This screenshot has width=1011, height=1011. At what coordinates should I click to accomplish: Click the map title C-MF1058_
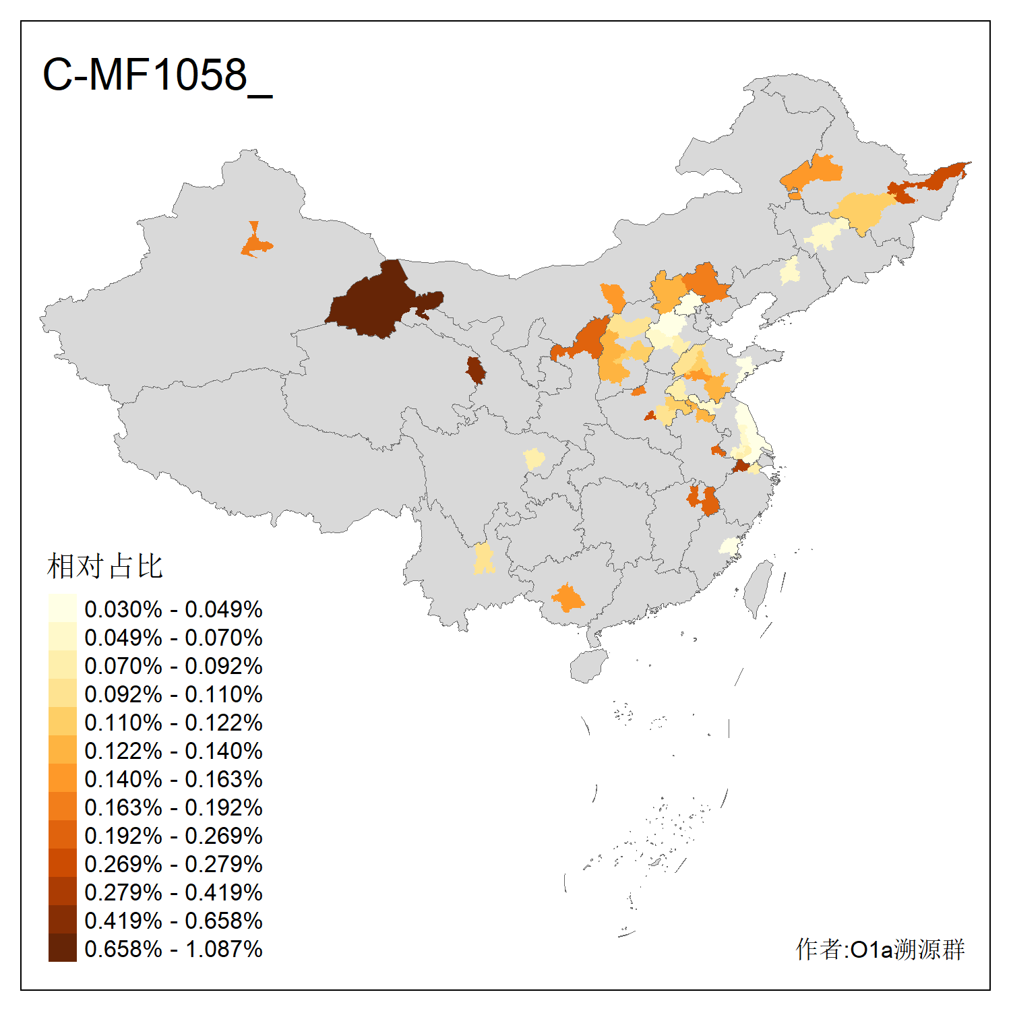pyautogui.click(x=156, y=75)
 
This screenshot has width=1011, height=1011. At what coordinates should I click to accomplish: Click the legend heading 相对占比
pyautogui.click(x=105, y=566)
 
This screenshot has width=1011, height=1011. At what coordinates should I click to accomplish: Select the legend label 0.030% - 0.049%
pyautogui.click(x=173, y=609)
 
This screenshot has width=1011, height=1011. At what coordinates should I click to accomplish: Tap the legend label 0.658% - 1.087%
pyautogui.click(x=173, y=949)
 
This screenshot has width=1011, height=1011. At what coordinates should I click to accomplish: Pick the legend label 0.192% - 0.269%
pyautogui.click(x=173, y=836)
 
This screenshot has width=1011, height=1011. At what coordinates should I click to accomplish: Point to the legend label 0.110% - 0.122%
pyautogui.click(x=173, y=723)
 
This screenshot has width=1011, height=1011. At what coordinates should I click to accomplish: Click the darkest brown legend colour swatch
pyautogui.click(x=62, y=948)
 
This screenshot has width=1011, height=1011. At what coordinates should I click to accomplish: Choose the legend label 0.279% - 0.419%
pyautogui.click(x=173, y=892)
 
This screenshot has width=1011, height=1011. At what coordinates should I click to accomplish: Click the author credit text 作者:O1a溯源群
pyautogui.click(x=880, y=949)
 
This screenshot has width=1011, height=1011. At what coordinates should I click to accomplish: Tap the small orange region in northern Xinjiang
pyautogui.click(x=255, y=243)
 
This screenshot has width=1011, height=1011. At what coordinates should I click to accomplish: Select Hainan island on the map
pyautogui.click(x=588, y=666)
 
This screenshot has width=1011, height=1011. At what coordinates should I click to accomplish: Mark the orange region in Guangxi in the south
pyautogui.click(x=568, y=598)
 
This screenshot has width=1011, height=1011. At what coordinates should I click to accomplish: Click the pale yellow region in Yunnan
pyautogui.click(x=483, y=559)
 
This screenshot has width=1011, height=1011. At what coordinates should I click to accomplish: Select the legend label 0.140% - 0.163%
pyautogui.click(x=173, y=779)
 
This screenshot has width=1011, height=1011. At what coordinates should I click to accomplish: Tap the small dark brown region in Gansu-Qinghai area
pyautogui.click(x=476, y=370)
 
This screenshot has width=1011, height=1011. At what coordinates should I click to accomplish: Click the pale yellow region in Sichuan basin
pyautogui.click(x=534, y=459)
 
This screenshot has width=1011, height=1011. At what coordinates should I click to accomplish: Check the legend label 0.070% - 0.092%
pyautogui.click(x=173, y=666)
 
